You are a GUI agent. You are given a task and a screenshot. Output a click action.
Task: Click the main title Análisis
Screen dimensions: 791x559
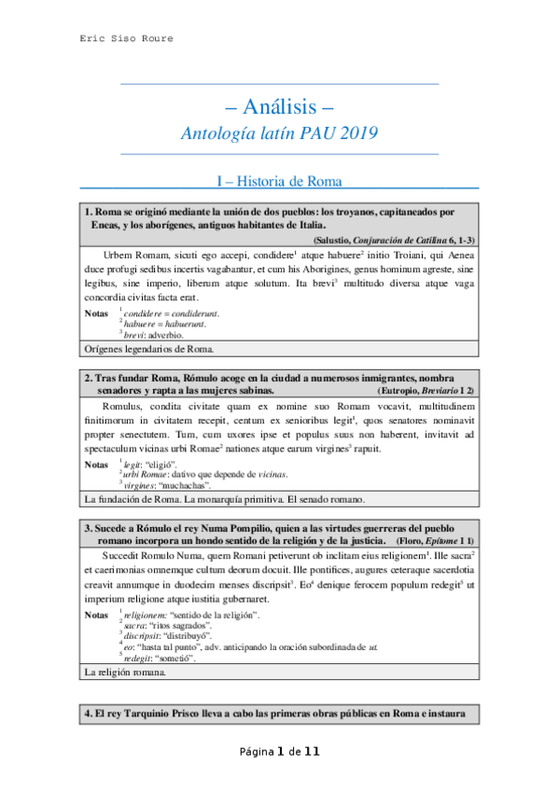coord(280,106)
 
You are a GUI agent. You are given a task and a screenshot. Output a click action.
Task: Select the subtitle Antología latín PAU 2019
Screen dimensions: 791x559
coord(280,133)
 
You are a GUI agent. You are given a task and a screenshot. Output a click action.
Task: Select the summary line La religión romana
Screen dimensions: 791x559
coord(122,671)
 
